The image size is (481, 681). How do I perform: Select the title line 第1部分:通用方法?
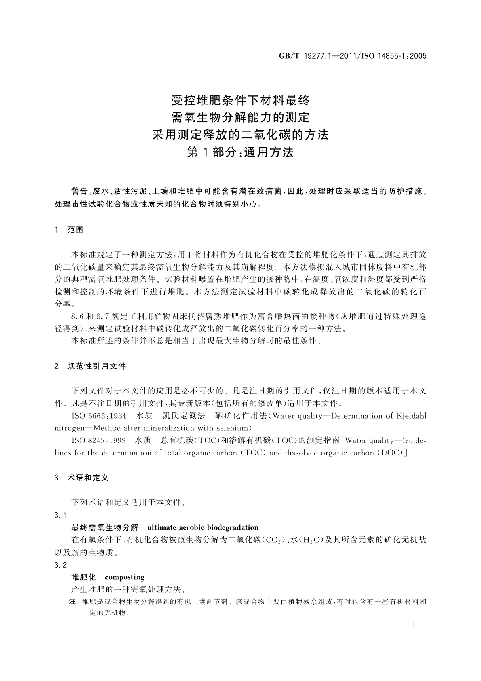click(240, 152)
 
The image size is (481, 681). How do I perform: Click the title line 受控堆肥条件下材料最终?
click(240, 99)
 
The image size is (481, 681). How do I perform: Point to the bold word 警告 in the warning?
click(79, 190)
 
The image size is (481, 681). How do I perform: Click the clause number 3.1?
click(60, 515)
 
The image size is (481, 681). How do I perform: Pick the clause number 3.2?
click(60, 565)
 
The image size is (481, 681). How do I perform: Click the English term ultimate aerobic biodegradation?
click(203, 527)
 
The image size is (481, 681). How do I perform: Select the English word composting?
click(124, 577)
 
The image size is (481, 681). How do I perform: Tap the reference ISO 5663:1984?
click(99, 416)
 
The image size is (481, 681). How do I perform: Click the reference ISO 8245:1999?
click(99, 440)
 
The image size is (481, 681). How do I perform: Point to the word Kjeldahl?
click(412, 416)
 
